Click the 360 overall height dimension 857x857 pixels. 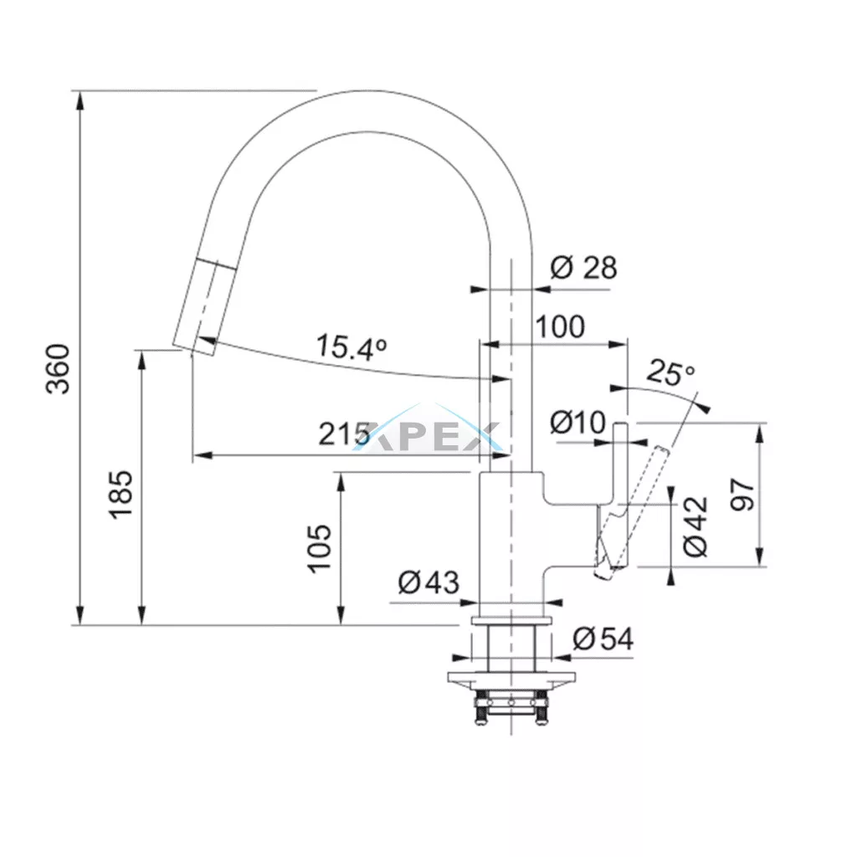tap(57, 368)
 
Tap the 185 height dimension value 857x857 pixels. tap(122, 494)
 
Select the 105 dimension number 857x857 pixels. tap(321, 547)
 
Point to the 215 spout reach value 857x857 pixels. tap(344, 434)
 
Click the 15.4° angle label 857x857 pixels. tap(352, 346)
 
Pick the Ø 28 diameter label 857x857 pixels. tap(583, 268)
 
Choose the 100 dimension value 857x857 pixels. tap(560, 326)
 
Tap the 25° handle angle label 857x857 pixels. tap(670, 373)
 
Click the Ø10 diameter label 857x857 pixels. tap(577, 423)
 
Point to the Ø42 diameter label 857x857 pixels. tap(695, 526)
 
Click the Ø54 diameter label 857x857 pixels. tap(603, 639)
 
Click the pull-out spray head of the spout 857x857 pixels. tap(201, 306)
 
